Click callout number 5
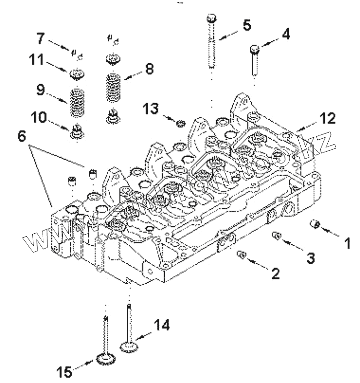pyautogui.click(x=247, y=25)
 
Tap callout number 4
pyautogui.click(x=286, y=34)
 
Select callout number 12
pyautogui.click(x=328, y=118)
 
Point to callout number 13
pyautogui.click(x=151, y=108)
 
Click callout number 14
pyautogui.click(x=161, y=325)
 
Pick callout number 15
pyautogui.click(x=65, y=372)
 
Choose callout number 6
pyautogui.click(x=22, y=136)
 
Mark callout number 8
pyautogui.click(x=150, y=68)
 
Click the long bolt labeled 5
pyautogui.click(x=212, y=41)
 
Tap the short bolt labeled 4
pyautogui.click(x=255, y=60)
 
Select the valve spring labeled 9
pyautogui.click(x=77, y=103)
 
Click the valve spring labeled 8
pyautogui.click(x=114, y=88)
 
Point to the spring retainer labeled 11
pyautogui.click(x=77, y=74)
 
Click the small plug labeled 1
pyautogui.click(x=315, y=224)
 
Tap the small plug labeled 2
pyautogui.click(x=242, y=255)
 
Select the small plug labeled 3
pyautogui.click(x=277, y=236)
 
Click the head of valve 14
pyautogui.click(x=129, y=347)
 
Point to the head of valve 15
pyautogui.click(x=106, y=359)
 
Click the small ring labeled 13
pyautogui.click(x=181, y=124)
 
